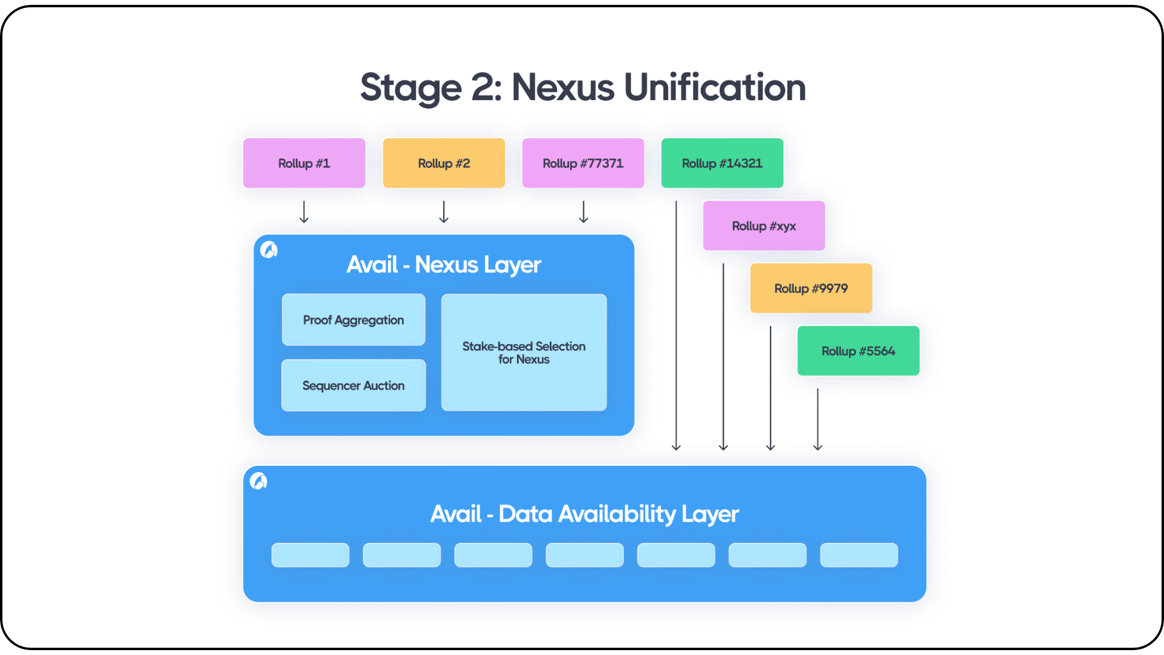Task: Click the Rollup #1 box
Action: coord(304,163)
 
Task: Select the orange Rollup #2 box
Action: coord(444,163)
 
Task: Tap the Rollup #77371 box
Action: coord(583,163)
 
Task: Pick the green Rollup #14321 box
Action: coord(722,163)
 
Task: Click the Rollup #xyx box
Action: coord(764,226)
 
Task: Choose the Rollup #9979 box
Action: coord(811,288)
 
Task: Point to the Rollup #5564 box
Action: coord(858,351)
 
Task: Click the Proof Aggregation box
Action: coord(353,320)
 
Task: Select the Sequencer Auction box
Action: coord(353,385)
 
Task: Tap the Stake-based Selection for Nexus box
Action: coord(524,352)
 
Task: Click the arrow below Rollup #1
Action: coord(304,212)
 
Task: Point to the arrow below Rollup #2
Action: coord(444,212)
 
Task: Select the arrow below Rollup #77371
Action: coord(583,212)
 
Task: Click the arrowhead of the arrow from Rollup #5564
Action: coord(818,448)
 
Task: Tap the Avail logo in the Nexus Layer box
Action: coord(269,249)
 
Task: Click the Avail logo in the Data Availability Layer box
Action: coord(258,481)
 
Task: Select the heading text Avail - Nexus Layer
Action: coord(444,264)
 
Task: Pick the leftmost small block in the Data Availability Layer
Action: coord(310,555)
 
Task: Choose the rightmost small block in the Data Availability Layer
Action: coord(858,555)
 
